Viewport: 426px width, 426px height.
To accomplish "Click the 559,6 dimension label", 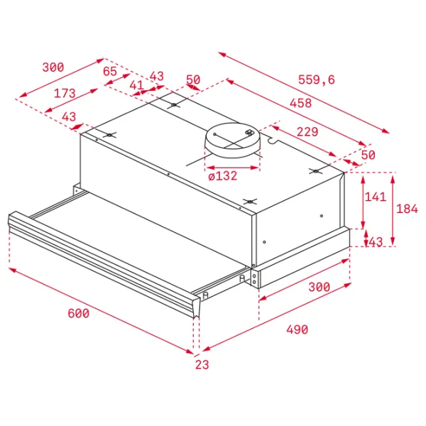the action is [x=317, y=80].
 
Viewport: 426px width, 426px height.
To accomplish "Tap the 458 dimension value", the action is [x=301, y=103].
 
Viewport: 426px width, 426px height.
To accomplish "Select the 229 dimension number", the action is [x=307, y=132].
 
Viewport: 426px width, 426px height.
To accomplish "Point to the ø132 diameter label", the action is [x=223, y=176].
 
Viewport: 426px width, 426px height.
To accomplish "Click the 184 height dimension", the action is [x=407, y=209].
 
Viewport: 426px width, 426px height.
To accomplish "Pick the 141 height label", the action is [x=375, y=197].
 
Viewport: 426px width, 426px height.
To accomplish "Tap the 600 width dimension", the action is [x=78, y=314].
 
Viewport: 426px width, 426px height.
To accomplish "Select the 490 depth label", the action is [x=297, y=330].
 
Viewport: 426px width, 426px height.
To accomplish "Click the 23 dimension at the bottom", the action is [x=202, y=365].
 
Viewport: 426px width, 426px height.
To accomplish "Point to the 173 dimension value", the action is [x=65, y=94].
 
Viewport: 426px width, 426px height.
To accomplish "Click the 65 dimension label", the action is [x=110, y=72].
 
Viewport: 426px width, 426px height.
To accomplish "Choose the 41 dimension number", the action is [x=136, y=85].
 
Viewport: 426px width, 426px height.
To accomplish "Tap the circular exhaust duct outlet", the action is [x=233, y=140].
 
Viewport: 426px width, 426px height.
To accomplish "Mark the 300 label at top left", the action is [x=53, y=67].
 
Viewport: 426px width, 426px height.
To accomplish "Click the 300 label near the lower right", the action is [x=319, y=287].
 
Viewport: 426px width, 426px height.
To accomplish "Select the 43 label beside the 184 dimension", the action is [x=376, y=242].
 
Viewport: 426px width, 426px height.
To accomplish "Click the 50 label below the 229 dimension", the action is [x=368, y=155].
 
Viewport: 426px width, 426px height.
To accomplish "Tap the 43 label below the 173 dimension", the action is [x=69, y=117].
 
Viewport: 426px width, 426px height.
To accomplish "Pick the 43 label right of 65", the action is [x=157, y=77].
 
